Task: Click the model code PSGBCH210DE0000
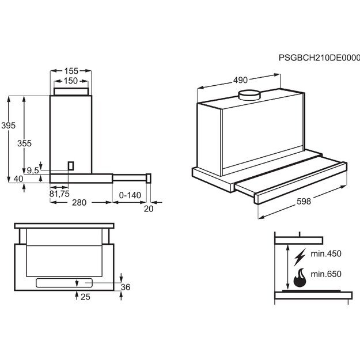coord(319,58)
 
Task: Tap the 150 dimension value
coord(71,81)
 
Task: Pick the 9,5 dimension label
coord(33,170)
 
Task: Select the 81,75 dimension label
coord(59,193)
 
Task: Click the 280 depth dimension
coord(79,202)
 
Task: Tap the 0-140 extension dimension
coord(130,195)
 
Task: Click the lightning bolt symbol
coord(300,256)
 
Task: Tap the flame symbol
coord(300,278)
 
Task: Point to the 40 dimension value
coord(18,179)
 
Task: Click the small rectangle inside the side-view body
coord(71,165)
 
